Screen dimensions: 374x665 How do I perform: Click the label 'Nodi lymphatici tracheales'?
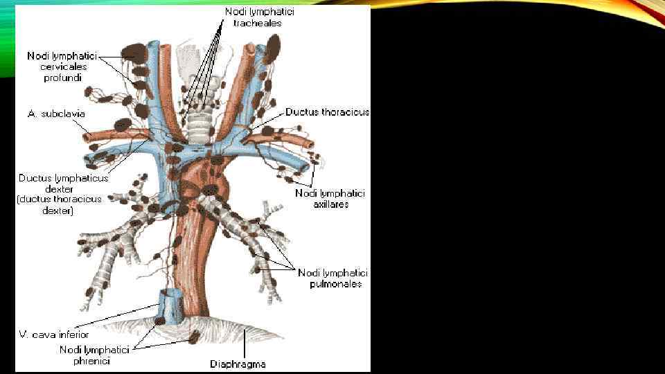pos(258,17)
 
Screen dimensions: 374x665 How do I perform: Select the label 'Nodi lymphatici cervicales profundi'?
pos(62,66)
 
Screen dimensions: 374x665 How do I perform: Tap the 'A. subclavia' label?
pos(57,113)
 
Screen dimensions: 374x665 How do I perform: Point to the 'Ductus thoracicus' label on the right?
pos(328,112)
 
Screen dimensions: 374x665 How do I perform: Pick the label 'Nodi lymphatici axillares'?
pos(330,199)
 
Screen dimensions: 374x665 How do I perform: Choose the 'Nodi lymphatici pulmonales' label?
pos(332,278)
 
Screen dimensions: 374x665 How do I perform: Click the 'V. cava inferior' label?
pos(53,335)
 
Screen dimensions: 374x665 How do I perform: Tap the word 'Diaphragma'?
pos(238,364)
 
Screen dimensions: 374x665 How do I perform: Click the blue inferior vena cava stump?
pos(170,305)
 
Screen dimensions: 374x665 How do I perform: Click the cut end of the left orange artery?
pos(89,136)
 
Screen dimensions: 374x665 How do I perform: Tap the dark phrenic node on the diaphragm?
pos(194,337)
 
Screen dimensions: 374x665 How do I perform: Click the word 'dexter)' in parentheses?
pos(58,211)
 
